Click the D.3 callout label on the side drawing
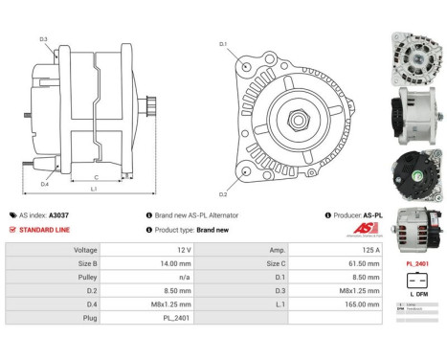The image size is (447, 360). point(44,39)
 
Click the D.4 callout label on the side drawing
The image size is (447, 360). point(45,184)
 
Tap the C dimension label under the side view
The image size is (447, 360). point(97,178)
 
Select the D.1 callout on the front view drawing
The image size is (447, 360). point(222,44)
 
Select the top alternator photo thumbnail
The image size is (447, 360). point(415,52)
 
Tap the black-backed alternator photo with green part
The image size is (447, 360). point(415,168)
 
